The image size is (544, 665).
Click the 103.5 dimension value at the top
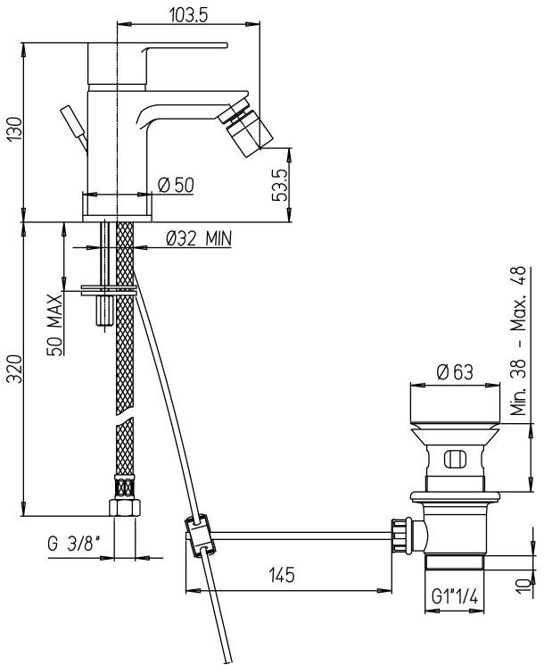click(x=188, y=14)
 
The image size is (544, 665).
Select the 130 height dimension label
click(x=12, y=131)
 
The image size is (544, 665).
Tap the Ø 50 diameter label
click(x=175, y=184)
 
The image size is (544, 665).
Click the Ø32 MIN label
click(x=198, y=238)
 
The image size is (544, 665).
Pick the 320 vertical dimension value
click(x=12, y=368)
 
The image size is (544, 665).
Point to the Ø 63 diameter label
click(x=455, y=372)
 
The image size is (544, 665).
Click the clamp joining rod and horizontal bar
click(x=198, y=535)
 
